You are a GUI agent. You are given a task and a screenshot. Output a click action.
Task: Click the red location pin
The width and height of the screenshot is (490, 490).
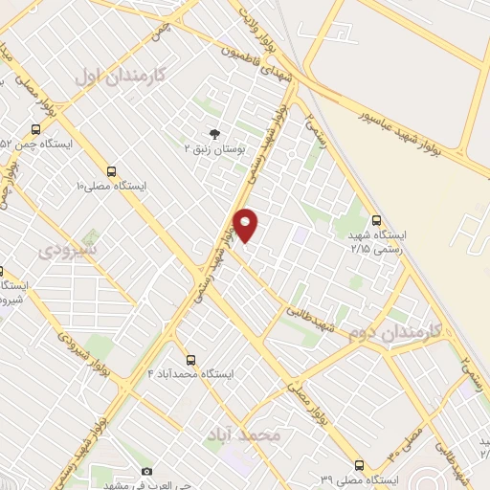[x=246, y=224]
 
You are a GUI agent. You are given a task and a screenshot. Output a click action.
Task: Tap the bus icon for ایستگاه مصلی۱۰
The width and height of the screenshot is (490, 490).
[x=112, y=171]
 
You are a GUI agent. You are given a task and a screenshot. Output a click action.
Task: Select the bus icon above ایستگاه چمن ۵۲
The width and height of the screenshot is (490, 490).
[x=35, y=129]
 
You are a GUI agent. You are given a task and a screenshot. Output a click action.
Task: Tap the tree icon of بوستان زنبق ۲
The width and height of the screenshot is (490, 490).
[x=214, y=134]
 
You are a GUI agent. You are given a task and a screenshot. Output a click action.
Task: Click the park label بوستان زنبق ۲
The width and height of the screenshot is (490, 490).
[x=215, y=148]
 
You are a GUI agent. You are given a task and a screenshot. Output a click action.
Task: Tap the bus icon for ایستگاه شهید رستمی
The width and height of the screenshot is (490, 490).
[x=376, y=219]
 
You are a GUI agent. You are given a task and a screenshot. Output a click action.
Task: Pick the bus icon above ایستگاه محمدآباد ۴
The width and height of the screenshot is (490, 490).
[x=190, y=360]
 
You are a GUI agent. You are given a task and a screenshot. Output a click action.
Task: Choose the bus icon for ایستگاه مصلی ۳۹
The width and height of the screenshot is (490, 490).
[x=359, y=465]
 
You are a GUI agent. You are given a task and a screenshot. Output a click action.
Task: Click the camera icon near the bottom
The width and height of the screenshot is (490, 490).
[x=146, y=471]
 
